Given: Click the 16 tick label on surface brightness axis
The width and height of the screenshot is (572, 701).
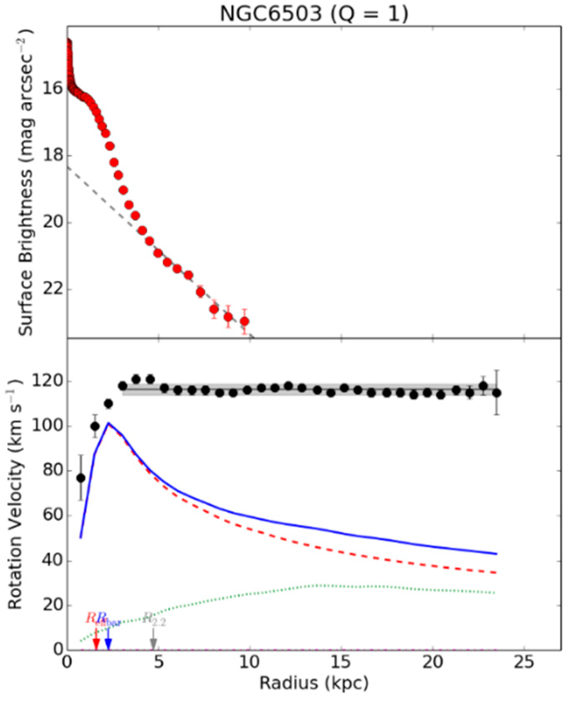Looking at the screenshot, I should (52, 89).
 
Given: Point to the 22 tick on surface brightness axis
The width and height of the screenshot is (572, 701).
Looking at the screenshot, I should (52, 290).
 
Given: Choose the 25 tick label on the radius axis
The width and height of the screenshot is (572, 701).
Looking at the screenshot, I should (524, 663).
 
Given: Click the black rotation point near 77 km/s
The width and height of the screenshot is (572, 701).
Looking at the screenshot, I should (81, 478).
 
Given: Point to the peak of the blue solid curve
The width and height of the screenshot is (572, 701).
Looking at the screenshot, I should (108, 423).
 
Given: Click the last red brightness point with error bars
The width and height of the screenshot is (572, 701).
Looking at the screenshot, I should (244, 322).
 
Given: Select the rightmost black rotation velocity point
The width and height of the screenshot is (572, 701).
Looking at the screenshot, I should (497, 393).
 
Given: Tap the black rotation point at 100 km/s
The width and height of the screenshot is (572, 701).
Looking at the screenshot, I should (95, 426).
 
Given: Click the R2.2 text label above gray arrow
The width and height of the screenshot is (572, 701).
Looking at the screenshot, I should (155, 619).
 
